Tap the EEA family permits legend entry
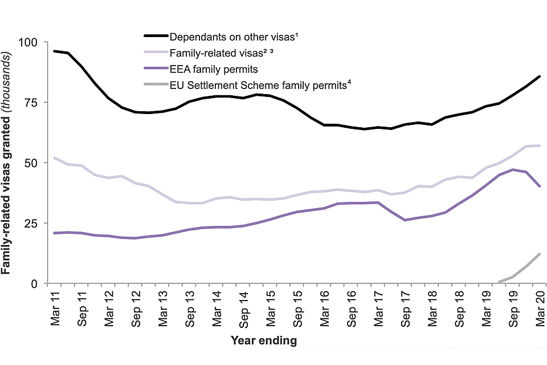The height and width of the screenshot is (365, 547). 214,70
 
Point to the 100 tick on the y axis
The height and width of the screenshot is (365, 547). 29,42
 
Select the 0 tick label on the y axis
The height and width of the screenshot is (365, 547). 35,283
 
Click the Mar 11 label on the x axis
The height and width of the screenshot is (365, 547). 55,307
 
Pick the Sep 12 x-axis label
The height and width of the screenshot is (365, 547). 136,308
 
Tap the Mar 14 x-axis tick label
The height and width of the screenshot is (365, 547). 217,307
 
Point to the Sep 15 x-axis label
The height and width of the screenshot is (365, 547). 297,308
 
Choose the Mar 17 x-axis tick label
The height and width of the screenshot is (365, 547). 378,307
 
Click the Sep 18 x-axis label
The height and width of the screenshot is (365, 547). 459,308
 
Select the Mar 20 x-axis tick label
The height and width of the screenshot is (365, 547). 540,307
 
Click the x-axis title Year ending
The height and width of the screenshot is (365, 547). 264,341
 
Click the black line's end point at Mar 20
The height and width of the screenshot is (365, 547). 539,76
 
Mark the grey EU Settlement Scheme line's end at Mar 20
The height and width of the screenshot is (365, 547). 539,254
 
